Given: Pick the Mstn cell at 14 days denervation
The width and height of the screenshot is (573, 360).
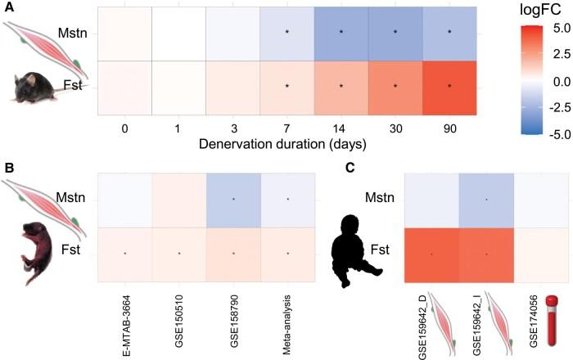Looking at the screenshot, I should [341, 32].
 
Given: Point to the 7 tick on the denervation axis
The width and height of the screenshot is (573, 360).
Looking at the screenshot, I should [286, 128].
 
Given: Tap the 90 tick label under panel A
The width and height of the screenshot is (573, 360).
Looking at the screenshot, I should [450, 128].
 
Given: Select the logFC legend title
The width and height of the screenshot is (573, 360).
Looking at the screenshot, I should [532, 10].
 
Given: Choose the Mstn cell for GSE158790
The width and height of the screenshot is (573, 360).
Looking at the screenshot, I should [233, 199].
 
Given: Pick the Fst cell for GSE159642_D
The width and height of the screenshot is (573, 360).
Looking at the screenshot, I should [431, 254].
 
